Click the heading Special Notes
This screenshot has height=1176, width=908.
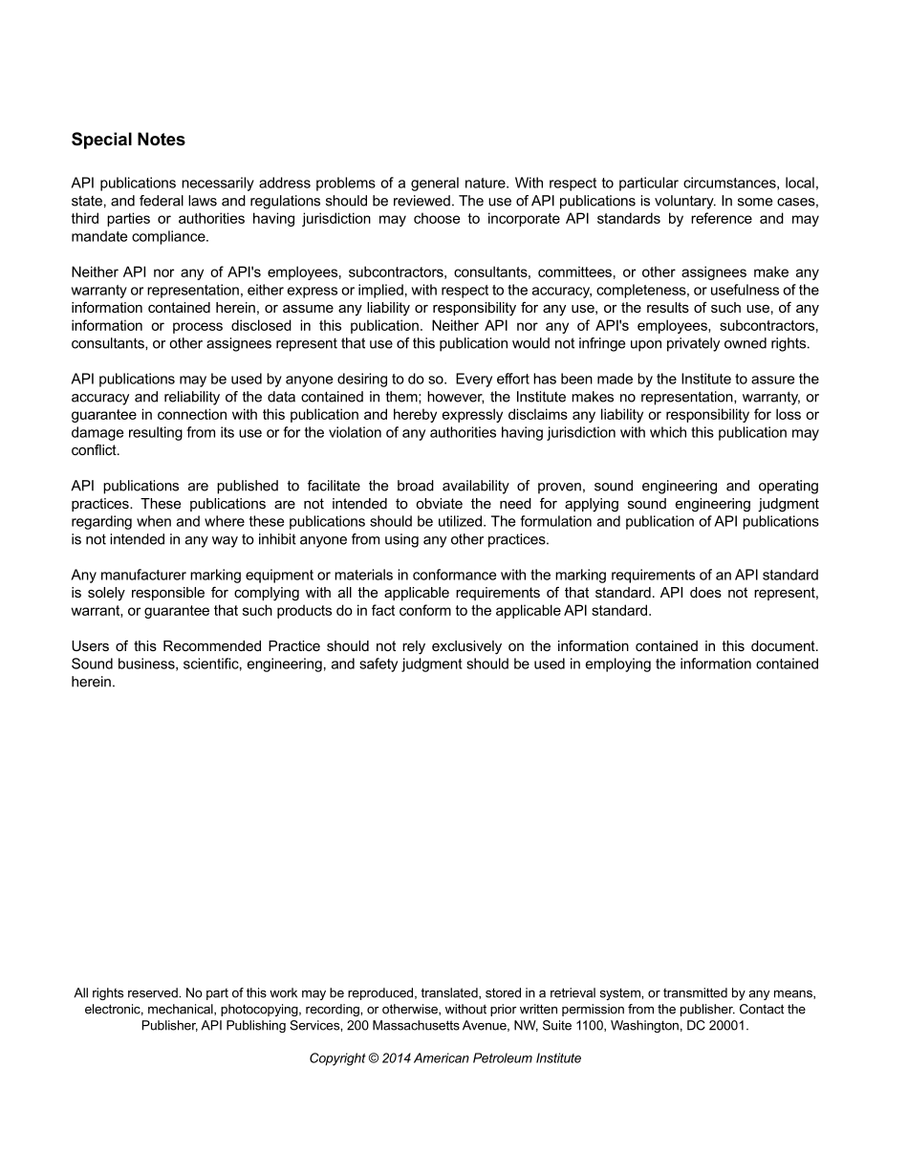point(128,140)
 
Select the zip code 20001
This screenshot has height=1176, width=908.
point(727,1025)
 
